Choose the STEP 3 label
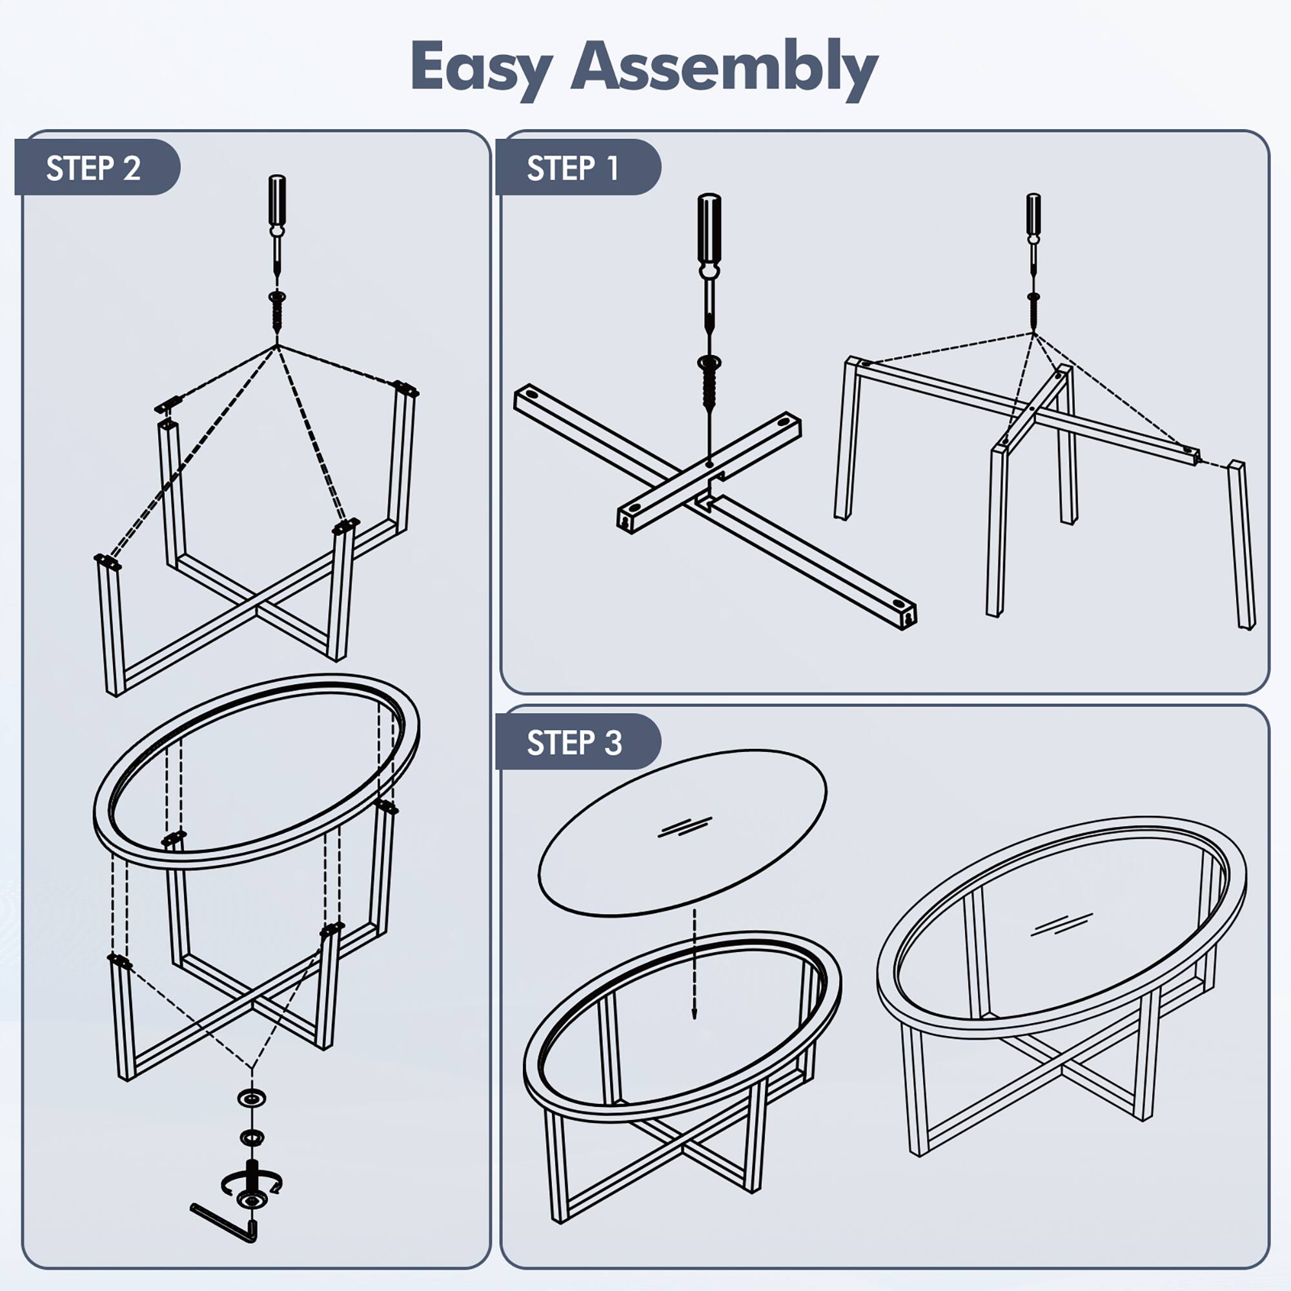[574, 742]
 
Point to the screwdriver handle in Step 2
[277, 201]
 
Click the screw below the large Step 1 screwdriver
[709, 384]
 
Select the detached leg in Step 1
[1241, 545]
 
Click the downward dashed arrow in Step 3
[695, 962]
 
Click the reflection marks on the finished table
[1062, 924]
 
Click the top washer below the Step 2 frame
[252, 1097]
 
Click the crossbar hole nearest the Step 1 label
[532, 395]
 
